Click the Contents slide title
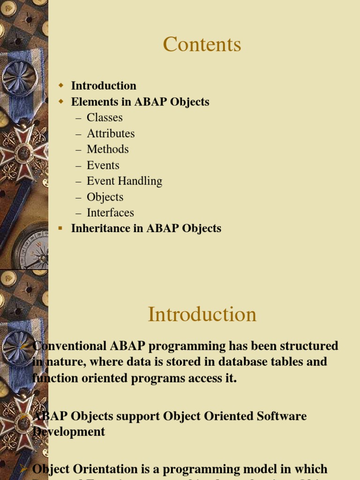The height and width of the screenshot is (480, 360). pos(202,45)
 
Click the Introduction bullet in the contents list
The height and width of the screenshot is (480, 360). pos(104,86)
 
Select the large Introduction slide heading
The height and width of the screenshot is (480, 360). pos(202,314)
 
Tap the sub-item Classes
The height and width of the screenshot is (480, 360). pos(105,118)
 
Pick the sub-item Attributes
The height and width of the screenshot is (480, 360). pos(111,134)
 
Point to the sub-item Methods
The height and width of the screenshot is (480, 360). pos(107,150)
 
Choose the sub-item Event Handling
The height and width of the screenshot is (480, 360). pos(124,181)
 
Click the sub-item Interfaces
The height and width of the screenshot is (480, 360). pos(110,213)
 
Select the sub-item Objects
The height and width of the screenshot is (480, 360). pos(105,197)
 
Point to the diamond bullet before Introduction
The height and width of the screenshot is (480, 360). pos(60,85)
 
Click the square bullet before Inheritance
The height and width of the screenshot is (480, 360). pos(60,228)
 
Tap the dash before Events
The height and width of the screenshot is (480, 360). pos(78,165)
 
